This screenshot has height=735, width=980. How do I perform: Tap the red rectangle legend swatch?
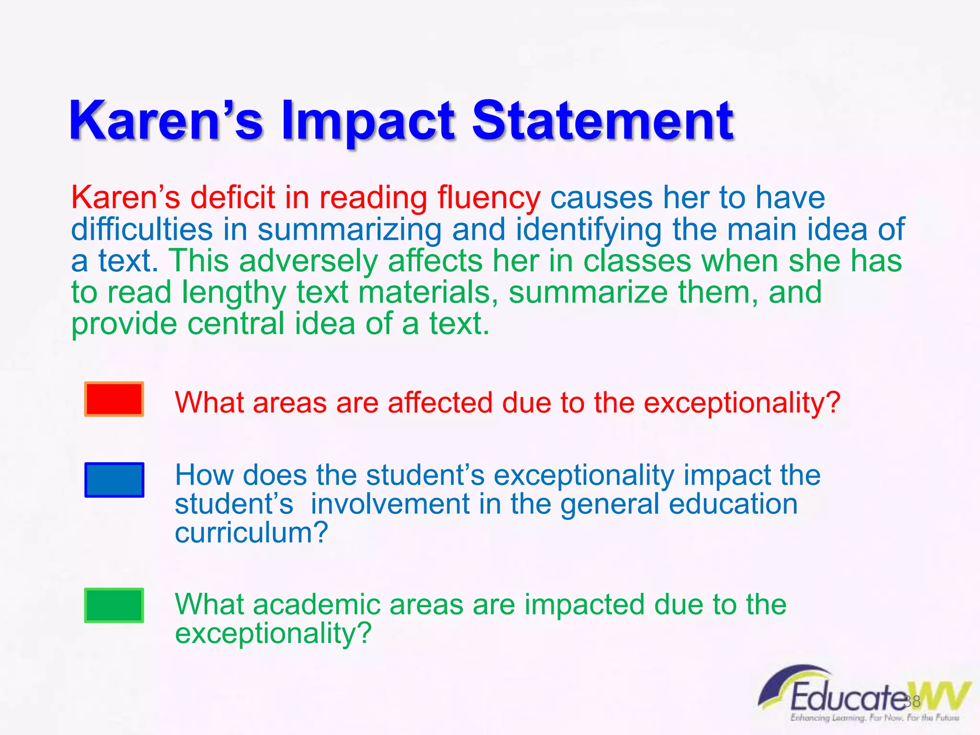point(114,399)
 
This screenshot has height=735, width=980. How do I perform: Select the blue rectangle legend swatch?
point(114,479)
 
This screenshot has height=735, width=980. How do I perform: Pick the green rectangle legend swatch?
point(114,605)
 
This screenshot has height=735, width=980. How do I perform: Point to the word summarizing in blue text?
point(350,230)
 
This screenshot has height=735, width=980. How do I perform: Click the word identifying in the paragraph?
point(588,230)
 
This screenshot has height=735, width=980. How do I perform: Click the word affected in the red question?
point(440,402)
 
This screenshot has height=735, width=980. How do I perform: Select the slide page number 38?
point(913,701)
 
